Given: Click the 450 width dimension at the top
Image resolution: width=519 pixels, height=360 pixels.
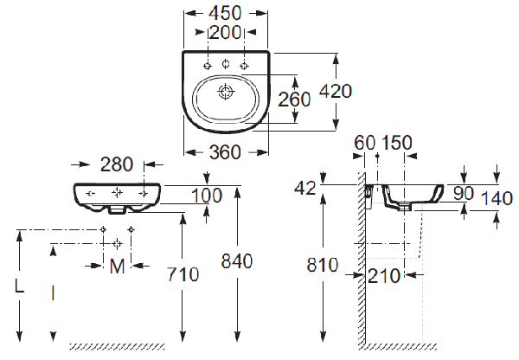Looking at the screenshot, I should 226,13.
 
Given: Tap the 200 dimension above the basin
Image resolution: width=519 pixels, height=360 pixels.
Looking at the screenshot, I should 226,34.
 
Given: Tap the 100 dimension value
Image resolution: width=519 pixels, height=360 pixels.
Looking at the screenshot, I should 207,196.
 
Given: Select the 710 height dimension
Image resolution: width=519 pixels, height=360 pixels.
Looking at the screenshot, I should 183,274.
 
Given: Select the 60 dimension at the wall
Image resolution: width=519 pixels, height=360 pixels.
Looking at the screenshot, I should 363,141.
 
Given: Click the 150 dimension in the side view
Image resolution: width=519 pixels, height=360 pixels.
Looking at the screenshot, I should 396,141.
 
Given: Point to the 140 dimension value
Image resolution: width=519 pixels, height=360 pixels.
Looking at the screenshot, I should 497,197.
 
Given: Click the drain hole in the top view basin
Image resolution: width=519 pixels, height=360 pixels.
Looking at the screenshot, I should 226,91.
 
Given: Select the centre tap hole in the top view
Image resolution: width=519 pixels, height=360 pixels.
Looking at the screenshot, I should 226,65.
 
